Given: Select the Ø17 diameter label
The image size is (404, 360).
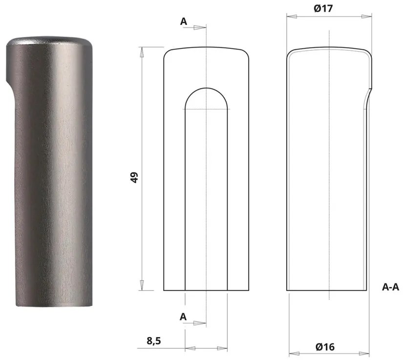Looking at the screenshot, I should pos(324,8).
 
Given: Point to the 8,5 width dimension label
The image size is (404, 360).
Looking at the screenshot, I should pos(154,341).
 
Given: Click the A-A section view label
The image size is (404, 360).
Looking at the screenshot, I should pos(390,287).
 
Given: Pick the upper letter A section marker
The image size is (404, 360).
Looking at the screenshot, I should pos(184,21).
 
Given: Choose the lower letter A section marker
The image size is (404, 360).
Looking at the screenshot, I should pos(183,317).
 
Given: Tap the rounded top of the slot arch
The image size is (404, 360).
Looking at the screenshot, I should pos(207,89).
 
